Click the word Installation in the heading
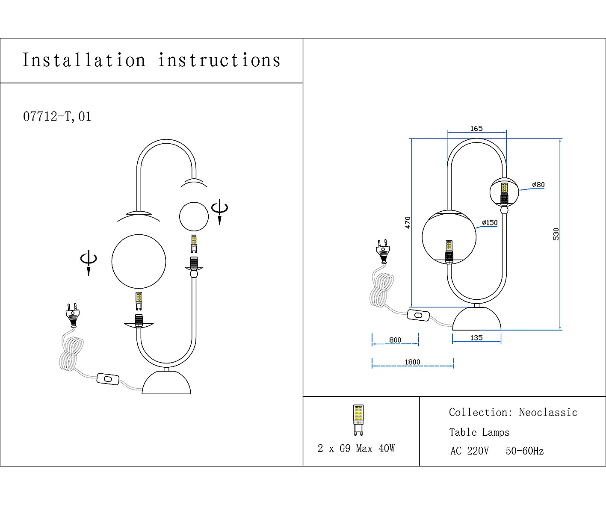(x=84, y=60)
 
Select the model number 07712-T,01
(x=57, y=117)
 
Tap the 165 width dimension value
(x=476, y=128)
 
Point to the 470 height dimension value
(x=408, y=222)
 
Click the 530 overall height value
(x=556, y=234)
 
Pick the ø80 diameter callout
(x=538, y=185)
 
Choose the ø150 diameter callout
(x=490, y=222)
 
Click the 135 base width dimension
(x=476, y=338)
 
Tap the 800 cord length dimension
(x=395, y=340)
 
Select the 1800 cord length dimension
(x=412, y=362)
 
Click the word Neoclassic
(x=548, y=413)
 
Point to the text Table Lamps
(x=479, y=432)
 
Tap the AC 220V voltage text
(x=469, y=451)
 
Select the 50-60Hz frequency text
(x=524, y=451)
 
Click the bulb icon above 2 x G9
(x=358, y=419)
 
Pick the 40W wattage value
(x=387, y=449)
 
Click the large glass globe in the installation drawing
(x=139, y=261)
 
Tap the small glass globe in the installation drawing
(x=194, y=217)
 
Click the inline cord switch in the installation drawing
(x=108, y=379)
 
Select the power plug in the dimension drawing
(x=383, y=250)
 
